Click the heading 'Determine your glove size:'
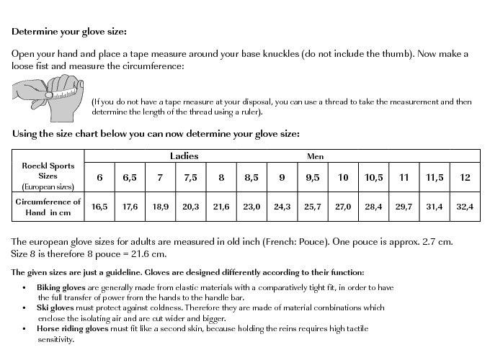pos(69,32)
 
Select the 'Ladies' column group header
pos(184,156)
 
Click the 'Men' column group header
pos(315,156)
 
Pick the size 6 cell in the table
pos(99,177)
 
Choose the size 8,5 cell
pos(251,177)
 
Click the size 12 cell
pos(465,177)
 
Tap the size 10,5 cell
pos(373,177)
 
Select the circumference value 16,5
pos(99,207)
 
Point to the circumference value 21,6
pos(221,207)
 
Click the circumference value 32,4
pos(465,207)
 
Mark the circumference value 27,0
pos(343,207)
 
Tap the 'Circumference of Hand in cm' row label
pos(48,207)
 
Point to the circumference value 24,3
pos(282,207)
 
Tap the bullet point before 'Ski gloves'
pos(26,307)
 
